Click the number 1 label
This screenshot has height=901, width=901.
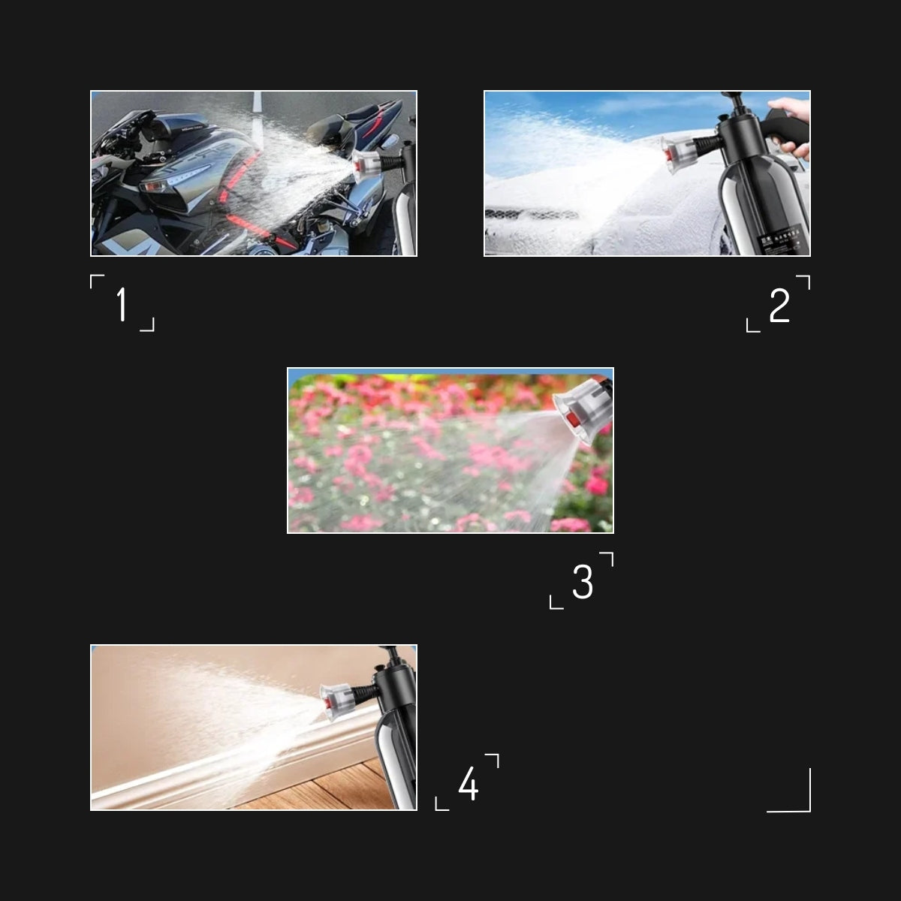point(122,305)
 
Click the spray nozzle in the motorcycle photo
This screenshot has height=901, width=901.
point(367,161)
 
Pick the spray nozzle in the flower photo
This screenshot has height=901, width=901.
point(578,413)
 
